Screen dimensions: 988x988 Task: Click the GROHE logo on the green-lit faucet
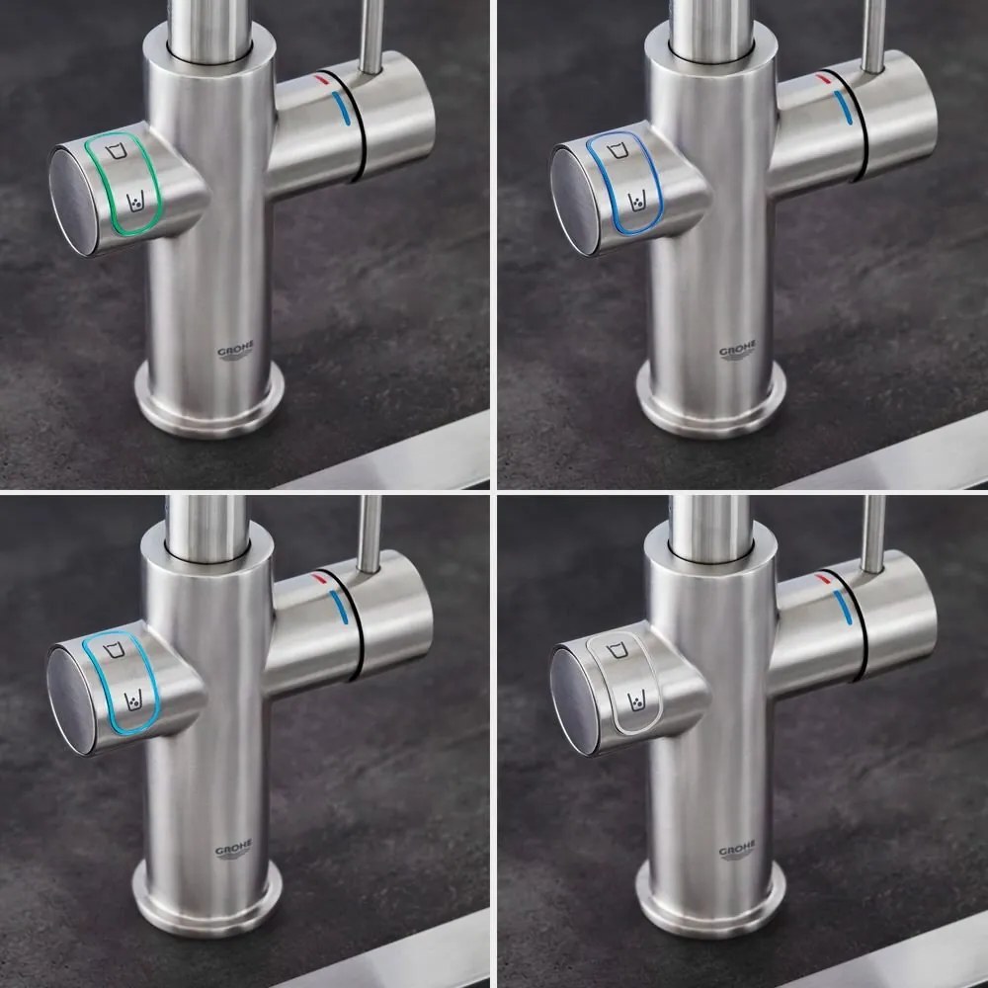[235, 352]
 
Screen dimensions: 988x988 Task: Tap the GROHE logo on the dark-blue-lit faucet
[737, 352]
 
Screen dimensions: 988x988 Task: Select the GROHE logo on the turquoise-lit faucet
[233, 851]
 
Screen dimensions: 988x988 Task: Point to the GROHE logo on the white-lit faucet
[737, 851]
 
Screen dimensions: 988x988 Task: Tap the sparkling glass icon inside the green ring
[135, 203]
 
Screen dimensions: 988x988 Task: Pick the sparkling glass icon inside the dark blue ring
[637, 203]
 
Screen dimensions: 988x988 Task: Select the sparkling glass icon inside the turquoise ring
[133, 700]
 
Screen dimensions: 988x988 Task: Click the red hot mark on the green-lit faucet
[322, 77]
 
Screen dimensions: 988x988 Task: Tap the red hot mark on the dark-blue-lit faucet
[824, 77]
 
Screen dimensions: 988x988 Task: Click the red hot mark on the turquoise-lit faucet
[320, 576]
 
